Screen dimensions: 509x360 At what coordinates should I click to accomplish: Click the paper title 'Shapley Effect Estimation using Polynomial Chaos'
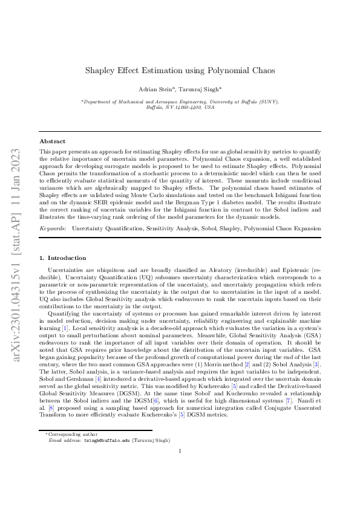pos(180,71)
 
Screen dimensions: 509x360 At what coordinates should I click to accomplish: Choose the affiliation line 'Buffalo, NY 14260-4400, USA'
pos(180,107)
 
